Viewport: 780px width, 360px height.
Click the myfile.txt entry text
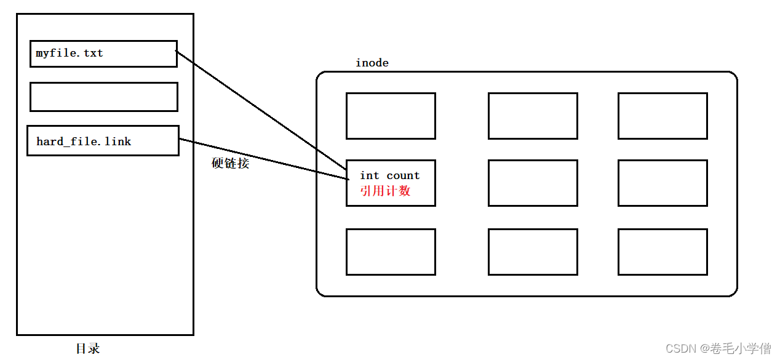[70, 54]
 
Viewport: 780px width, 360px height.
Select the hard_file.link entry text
[84, 142]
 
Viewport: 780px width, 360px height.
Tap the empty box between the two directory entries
[103, 97]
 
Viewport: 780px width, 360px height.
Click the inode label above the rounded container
[372, 63]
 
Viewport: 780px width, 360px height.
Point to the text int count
[389, 176]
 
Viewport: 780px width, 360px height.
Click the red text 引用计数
[385, 191]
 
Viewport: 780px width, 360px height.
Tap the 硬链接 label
[230, 164]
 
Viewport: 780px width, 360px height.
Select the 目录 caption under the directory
[88, 348]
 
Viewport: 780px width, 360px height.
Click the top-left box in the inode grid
[391, 116]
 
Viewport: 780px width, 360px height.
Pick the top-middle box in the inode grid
[533, 116]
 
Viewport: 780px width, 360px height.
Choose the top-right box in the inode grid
[663, 116]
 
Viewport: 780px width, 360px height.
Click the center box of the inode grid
[533, 183]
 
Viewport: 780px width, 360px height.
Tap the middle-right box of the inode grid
[663, 183]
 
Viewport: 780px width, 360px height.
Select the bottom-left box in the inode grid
[391, 252]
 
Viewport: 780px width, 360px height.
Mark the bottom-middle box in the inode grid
[533, 252]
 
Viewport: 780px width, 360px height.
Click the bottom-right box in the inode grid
[663, 252]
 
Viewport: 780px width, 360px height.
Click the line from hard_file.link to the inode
[265, 159]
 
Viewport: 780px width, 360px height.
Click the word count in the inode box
[403, 176]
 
